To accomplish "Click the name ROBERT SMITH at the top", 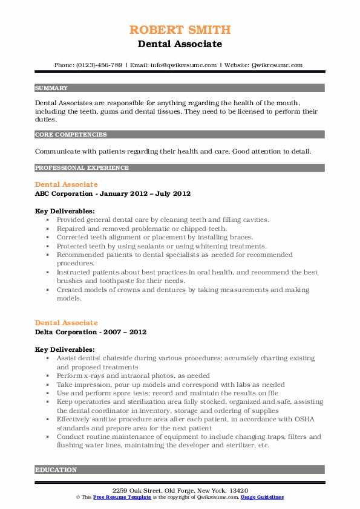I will tap(180, 30).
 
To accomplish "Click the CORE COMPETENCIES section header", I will tap(71, 134).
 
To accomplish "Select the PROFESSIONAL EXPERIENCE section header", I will tap(81, 168).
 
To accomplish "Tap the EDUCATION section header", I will tap(56, 470).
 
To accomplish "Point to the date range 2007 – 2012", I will tap(125, 332).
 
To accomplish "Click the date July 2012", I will tap(174, 193).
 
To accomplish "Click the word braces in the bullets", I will tap(240, 238).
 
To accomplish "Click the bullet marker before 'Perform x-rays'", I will tap(47, 376).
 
